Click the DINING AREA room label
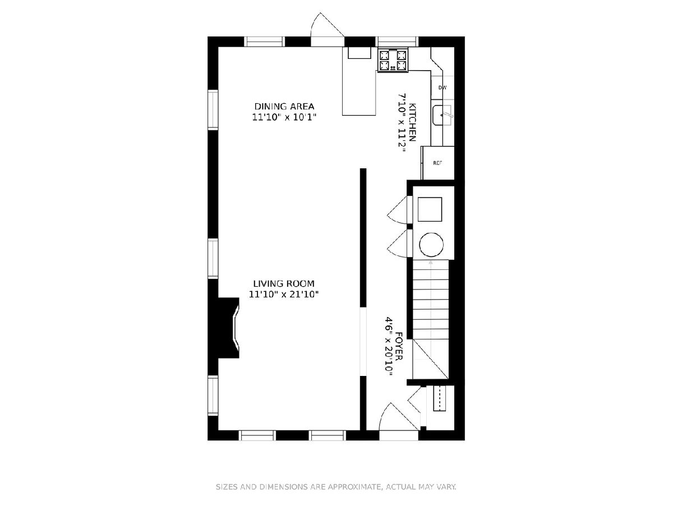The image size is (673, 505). click(x=284, y=107)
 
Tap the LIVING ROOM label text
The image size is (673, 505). click(x=284, y=283)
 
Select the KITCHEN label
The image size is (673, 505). click(x=413, y=122)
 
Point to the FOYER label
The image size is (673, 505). click(x=399, y=346)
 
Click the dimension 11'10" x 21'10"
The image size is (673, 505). click(x=284, y=295)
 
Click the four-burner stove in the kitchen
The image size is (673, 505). click(x=393, y=60)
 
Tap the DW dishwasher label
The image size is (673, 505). click(x=442, y=88)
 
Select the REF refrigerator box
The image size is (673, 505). click(x=438, y=163)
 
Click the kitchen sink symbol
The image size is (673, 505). click(x=442, y=115)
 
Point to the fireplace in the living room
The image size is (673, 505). click(x=227, y=328)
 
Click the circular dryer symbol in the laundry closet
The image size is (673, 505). click(x=431, y=245)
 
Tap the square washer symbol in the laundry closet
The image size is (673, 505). click(x=430, y=209)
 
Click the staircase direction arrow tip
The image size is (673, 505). click(x=431, y=261)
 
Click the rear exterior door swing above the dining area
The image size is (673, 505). click(x=327, y=29)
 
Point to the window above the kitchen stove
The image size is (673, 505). click(x=397, y=42)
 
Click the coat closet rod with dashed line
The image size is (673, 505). click(x=440, y=398)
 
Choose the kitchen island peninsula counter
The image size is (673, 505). click(x=359, y=81)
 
